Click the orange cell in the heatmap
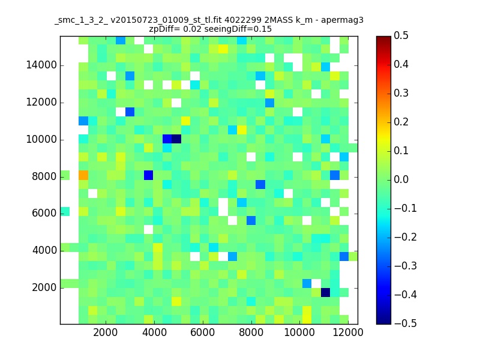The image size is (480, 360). click(x=83, y=175)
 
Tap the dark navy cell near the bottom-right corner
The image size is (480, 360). click(x=325, y=292)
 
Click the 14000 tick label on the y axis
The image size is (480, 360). click(x=41, y=65)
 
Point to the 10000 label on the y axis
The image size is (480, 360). click(x=41, y=140)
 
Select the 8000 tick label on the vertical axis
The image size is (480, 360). click(x=44, y=176)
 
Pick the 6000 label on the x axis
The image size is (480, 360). click(x=202, y=332)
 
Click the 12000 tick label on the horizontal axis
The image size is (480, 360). click(x=348, y=332)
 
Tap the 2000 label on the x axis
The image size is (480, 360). click(x=106, y=332)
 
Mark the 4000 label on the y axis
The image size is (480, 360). click(x=44, y=251)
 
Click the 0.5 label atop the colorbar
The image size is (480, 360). click(x=401, y=36)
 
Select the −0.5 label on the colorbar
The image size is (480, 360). click(x=406, y=323)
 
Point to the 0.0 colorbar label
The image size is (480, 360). click(x=401, y=179)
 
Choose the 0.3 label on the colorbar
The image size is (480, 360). click(x=401, y=94)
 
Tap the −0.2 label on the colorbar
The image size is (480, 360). click(x=406, y=237)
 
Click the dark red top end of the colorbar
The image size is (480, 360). click(x=383, y=38)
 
